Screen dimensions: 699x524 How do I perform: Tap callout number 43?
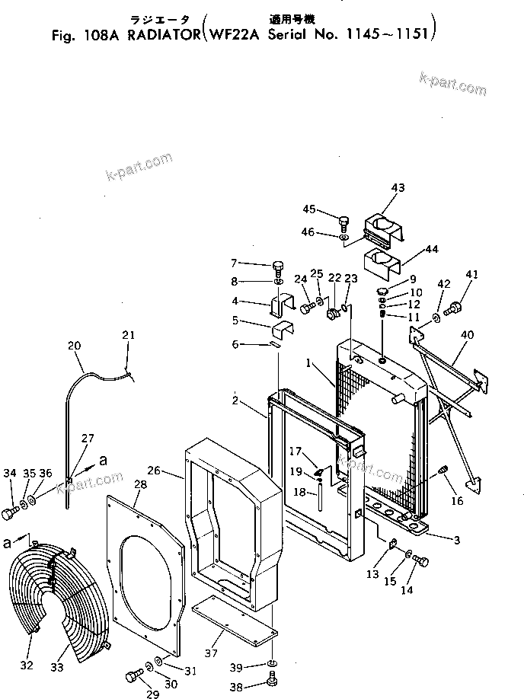coord(398,187)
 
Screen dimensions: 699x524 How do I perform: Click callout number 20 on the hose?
coord(74,345)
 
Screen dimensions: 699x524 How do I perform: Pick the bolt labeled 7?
coord(279,267)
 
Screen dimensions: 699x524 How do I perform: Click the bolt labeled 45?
coord(344,223)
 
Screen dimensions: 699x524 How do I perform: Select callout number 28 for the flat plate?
coord(140,484)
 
